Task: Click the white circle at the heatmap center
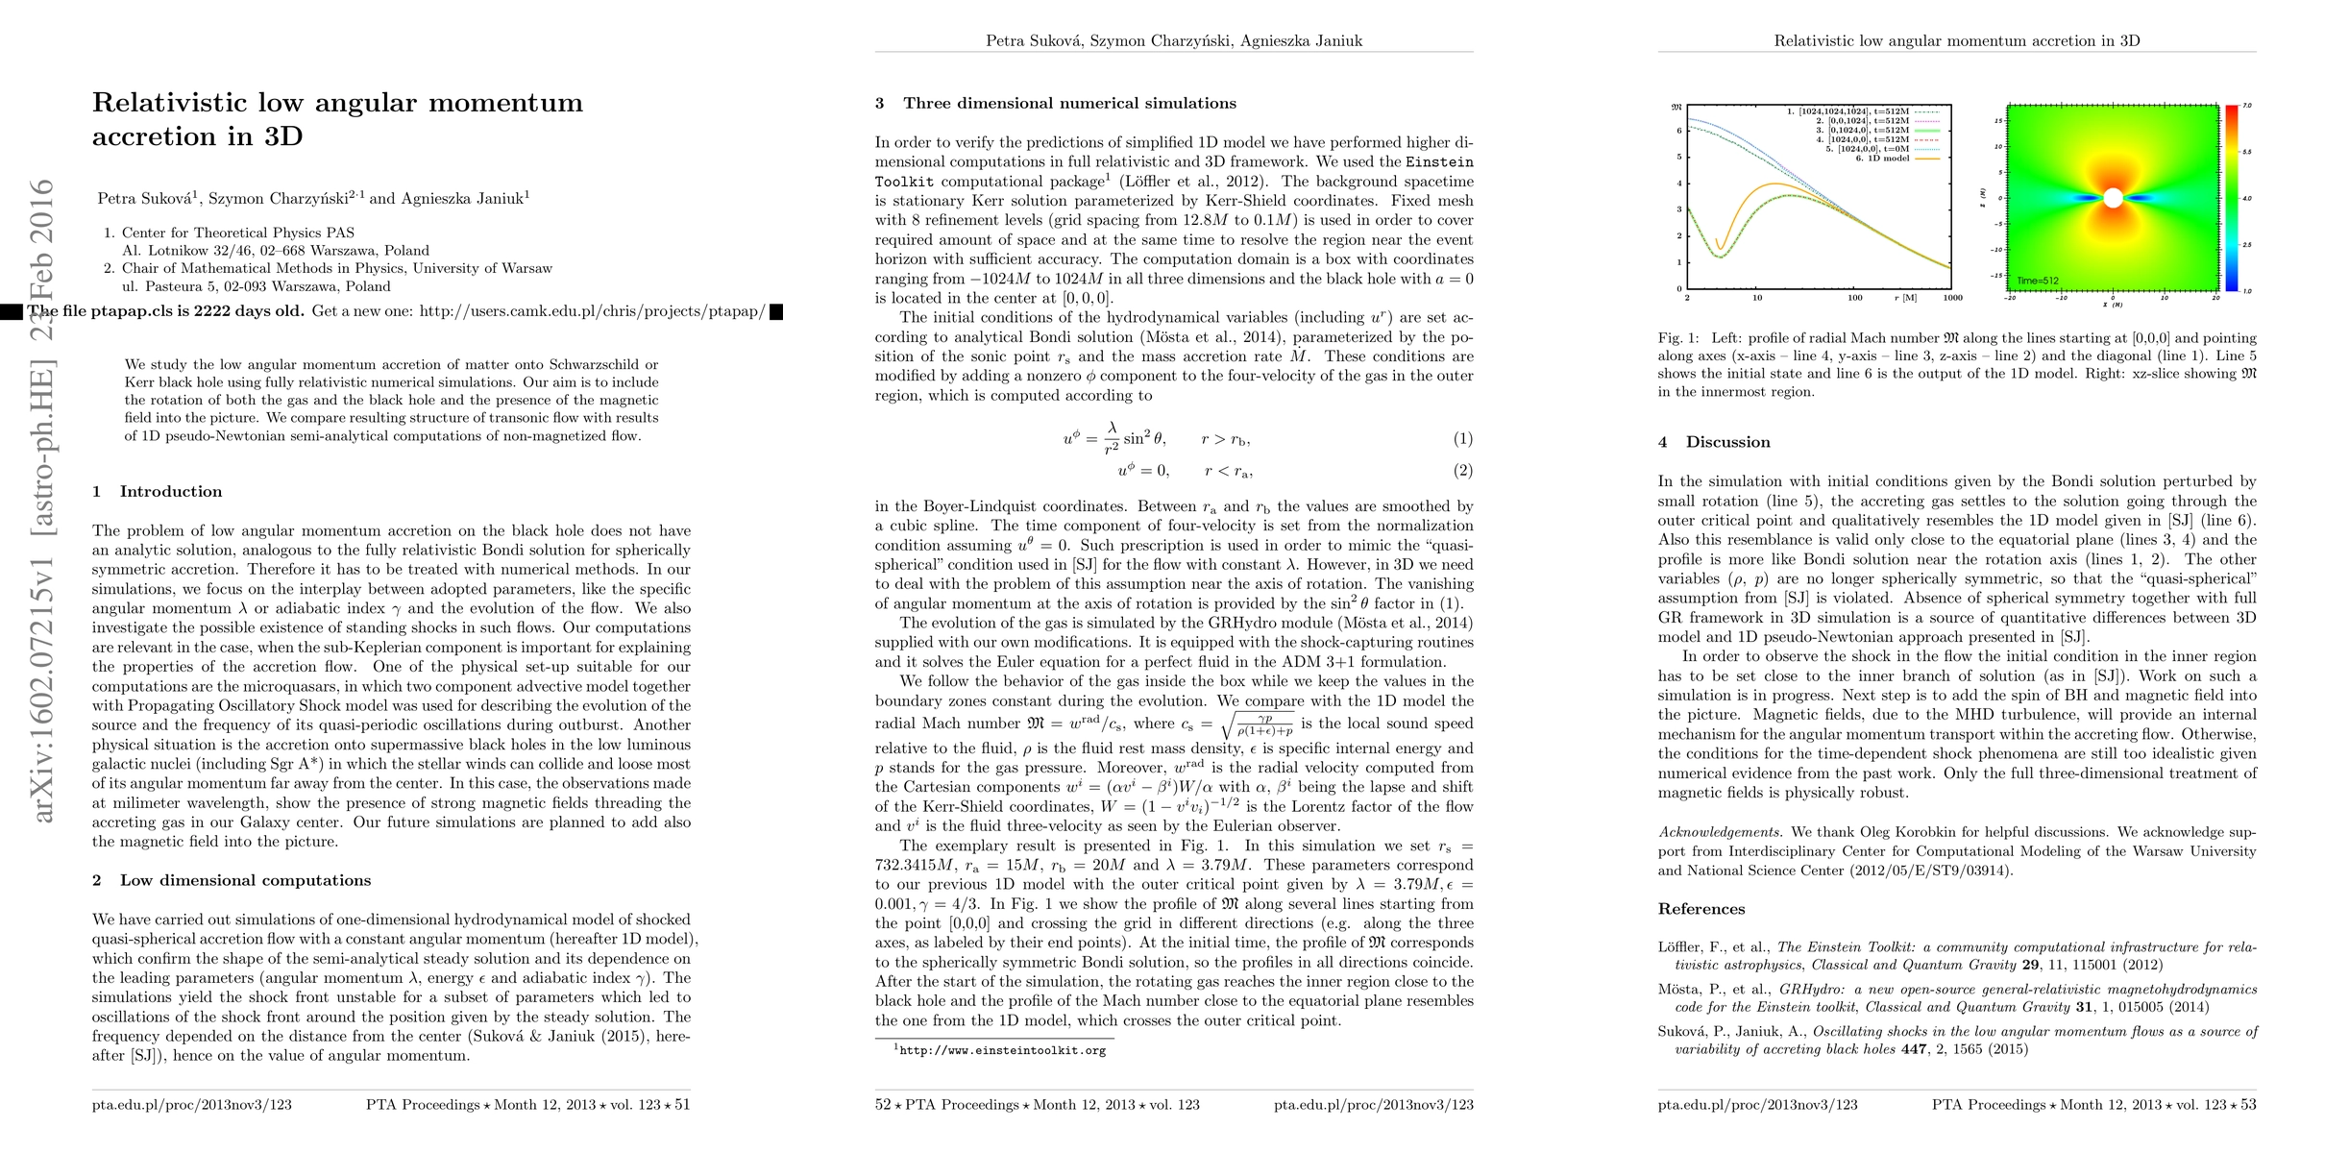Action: click(x=2113, y=199)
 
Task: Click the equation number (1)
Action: click(x=1462, y=439)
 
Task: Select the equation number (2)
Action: click(x=1462, y=471)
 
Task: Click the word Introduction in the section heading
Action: click(x=170, y=492)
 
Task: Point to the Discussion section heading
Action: click(x=1727, y=442)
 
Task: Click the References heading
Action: click(x=1701, y=909)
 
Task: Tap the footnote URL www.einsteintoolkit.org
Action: click(x=1001, y=1051)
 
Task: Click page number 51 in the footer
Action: click(x=682, y=1105)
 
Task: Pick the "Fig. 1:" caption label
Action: click(x=1678, y=338)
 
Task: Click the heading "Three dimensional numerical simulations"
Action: click(x=1069, y=104)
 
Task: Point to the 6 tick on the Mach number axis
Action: click(x=1679, y=132)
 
